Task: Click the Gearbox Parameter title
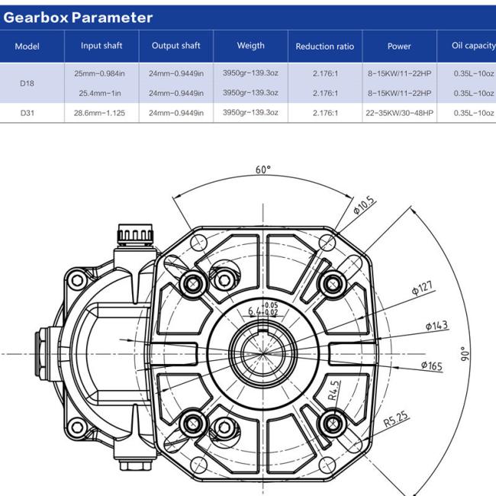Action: pos(78,18)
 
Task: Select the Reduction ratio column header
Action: pos(325,47)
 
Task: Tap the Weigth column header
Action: pos(250,46)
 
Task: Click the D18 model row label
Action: pos(27,83)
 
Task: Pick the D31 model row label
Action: pos(27,113)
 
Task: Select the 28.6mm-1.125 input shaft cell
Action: pos(99,113)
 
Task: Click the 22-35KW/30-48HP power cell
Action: pos(399,113)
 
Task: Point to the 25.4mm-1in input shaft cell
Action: pos(100,93)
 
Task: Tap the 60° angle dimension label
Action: pos(263,169)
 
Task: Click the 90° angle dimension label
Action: pos(465,354)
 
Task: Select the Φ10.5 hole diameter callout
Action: pos(365,205)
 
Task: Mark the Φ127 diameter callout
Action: pos(423,288)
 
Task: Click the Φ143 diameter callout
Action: pos(436,326)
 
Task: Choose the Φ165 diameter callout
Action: pos(432,366)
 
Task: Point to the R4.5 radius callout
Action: pos(333,391)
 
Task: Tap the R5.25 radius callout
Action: pos(396,419)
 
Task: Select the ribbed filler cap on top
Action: pos(135,234)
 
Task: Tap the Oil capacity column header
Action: pos(474,46)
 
